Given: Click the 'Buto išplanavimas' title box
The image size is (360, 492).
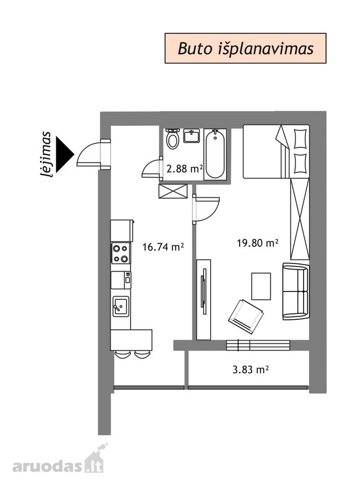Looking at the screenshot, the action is click(245, 48).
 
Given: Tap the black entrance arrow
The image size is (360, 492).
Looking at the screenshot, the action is click(65, 154).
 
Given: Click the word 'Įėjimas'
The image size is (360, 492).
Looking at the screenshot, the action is click(45, 154).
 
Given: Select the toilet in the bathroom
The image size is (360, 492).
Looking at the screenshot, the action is click(172, 138).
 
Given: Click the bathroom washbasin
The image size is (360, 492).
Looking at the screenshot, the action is click(191, 136).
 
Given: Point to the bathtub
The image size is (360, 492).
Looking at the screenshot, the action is click(215, 154).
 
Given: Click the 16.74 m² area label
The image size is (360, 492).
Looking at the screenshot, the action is click(162, 247).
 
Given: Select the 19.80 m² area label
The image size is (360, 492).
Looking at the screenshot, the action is click(258, 243).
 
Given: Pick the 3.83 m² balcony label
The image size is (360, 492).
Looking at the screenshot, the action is click(251, 370).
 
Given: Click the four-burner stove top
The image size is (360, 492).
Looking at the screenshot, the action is click(121, 253).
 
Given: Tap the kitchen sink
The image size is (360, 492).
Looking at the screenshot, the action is click(121, 306).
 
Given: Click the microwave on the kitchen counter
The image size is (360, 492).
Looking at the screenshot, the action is click(121, 280).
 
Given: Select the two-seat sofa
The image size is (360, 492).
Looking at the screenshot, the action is click(296, 291).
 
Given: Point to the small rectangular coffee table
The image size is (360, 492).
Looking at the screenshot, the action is click(261, 286).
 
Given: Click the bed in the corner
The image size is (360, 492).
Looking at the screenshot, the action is click(276, 151).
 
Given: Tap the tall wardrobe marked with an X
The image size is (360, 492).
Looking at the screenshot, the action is click(300, 219).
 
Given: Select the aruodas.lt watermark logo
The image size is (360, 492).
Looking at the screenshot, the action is click(58, 462).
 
